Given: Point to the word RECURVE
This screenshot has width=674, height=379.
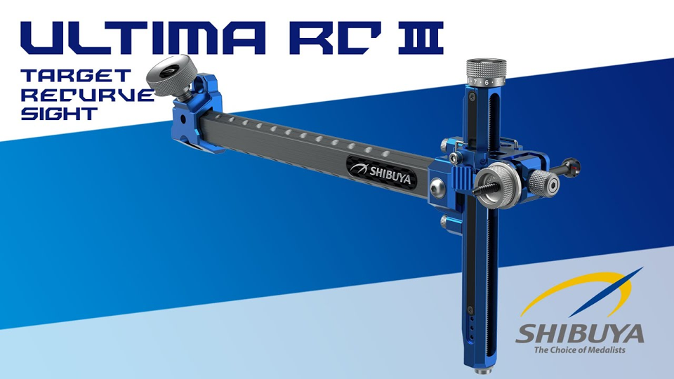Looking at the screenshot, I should click(x=87, y=95).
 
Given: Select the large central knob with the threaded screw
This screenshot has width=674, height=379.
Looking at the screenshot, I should click(x=502, y=185).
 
